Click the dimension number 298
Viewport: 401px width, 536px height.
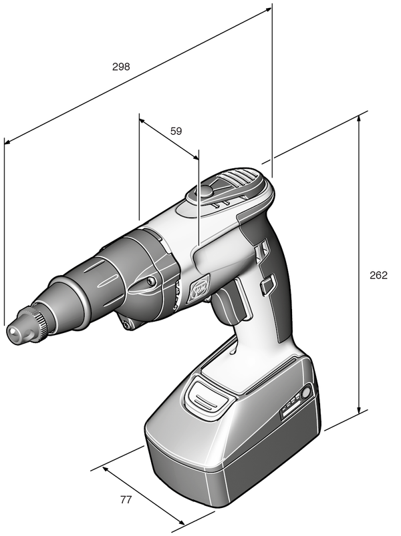[x=121, y=66]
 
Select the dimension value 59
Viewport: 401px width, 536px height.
[x=176, y=131]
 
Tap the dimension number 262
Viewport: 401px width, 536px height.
[x=378, y=275]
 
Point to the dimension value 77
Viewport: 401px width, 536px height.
[x=126, y=499]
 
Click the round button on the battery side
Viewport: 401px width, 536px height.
[x=306, y=392]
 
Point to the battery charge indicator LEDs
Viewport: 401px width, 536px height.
[x=291, y=405]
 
